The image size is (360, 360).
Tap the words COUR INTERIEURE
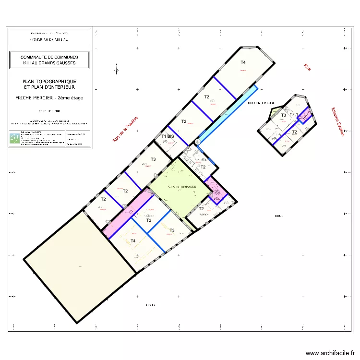[261, 103]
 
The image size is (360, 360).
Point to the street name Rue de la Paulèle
[125, 129]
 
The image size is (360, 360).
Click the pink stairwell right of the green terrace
[216, 192]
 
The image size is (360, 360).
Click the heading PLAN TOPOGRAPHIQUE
[49, 82]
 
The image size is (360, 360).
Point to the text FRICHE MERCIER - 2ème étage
[49, 98]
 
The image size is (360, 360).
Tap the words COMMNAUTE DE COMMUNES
[49, 57]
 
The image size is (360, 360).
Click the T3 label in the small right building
[284, 115]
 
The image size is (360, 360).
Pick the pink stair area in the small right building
[304, 116]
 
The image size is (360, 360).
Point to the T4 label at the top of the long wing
[243, 62]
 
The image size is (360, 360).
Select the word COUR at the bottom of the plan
[150, 305]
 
